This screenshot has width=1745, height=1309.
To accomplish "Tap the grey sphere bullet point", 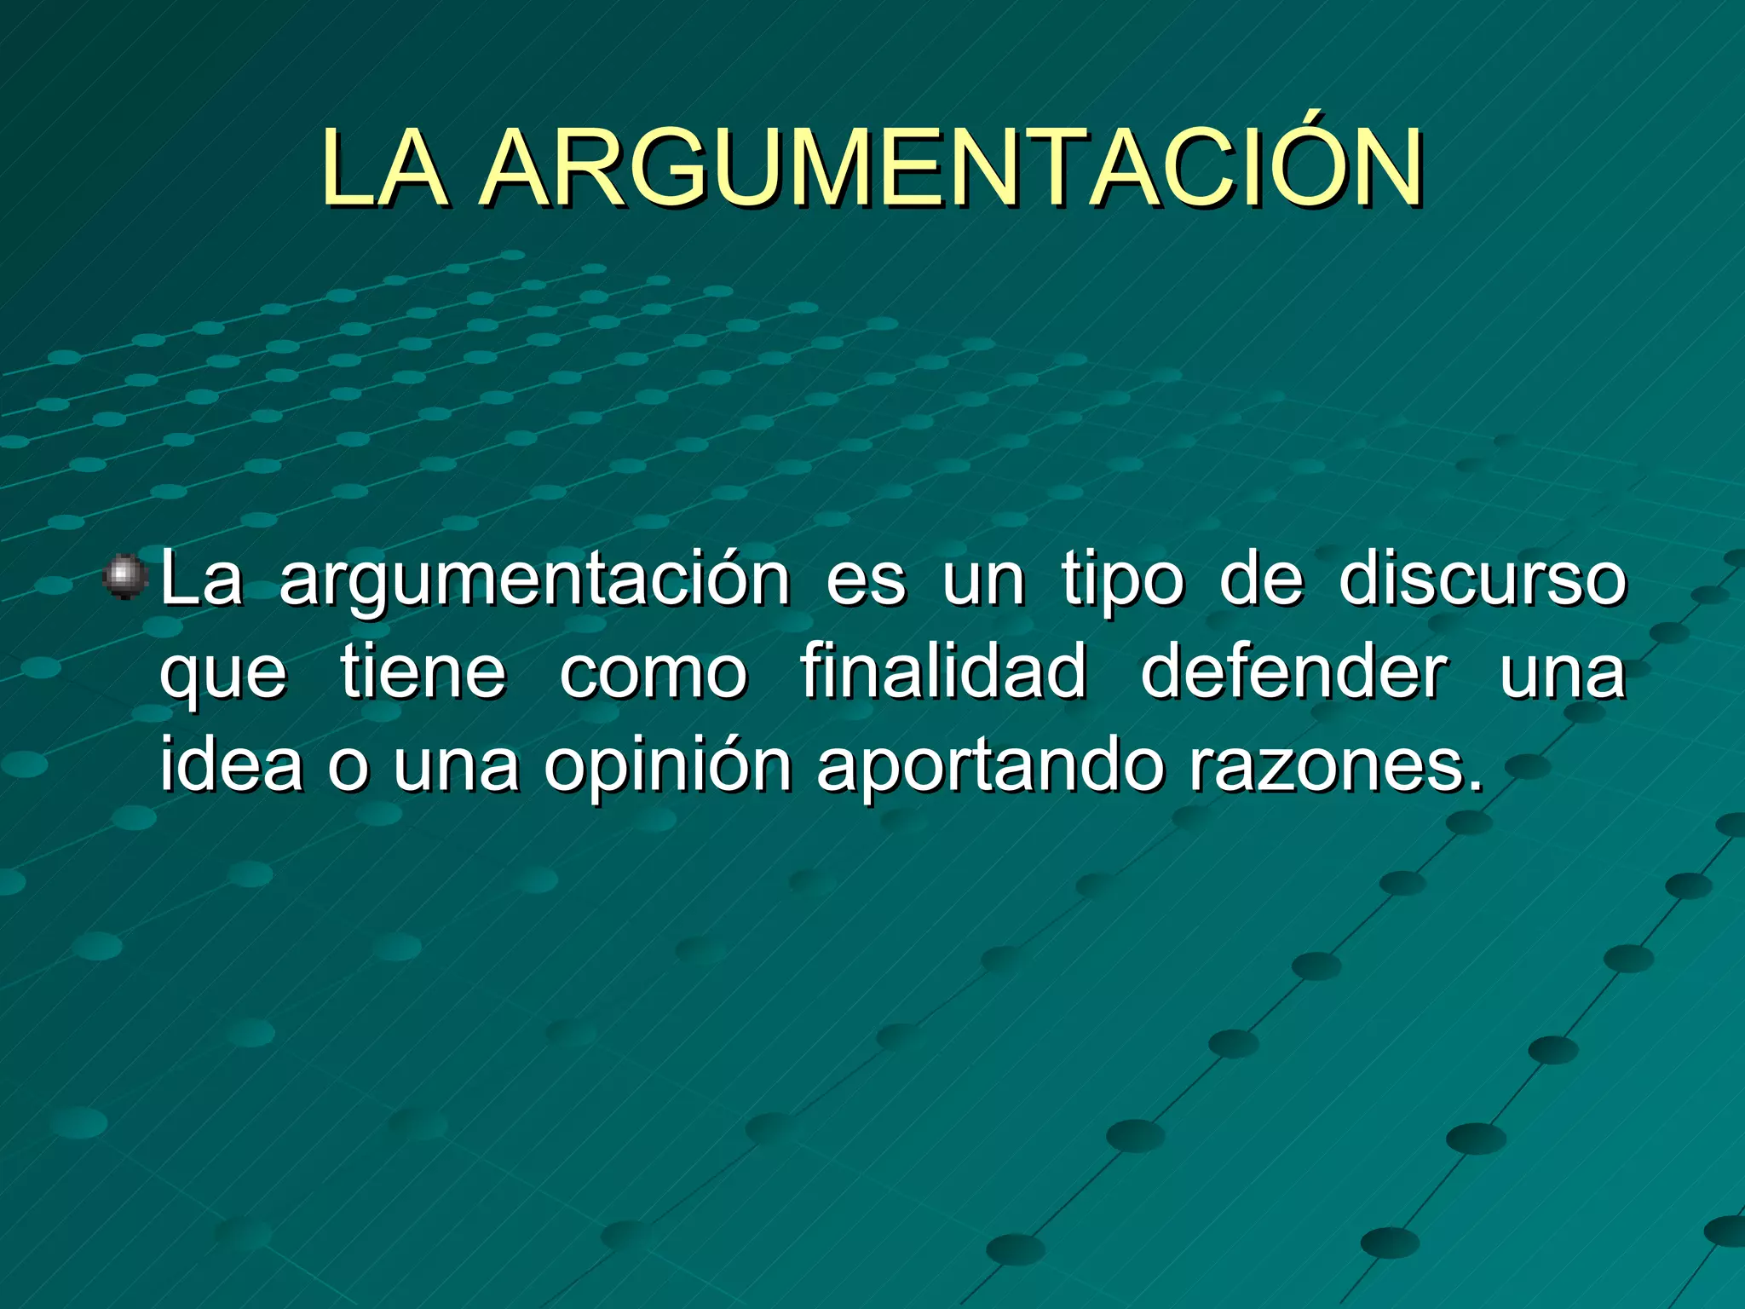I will [125, 576].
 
